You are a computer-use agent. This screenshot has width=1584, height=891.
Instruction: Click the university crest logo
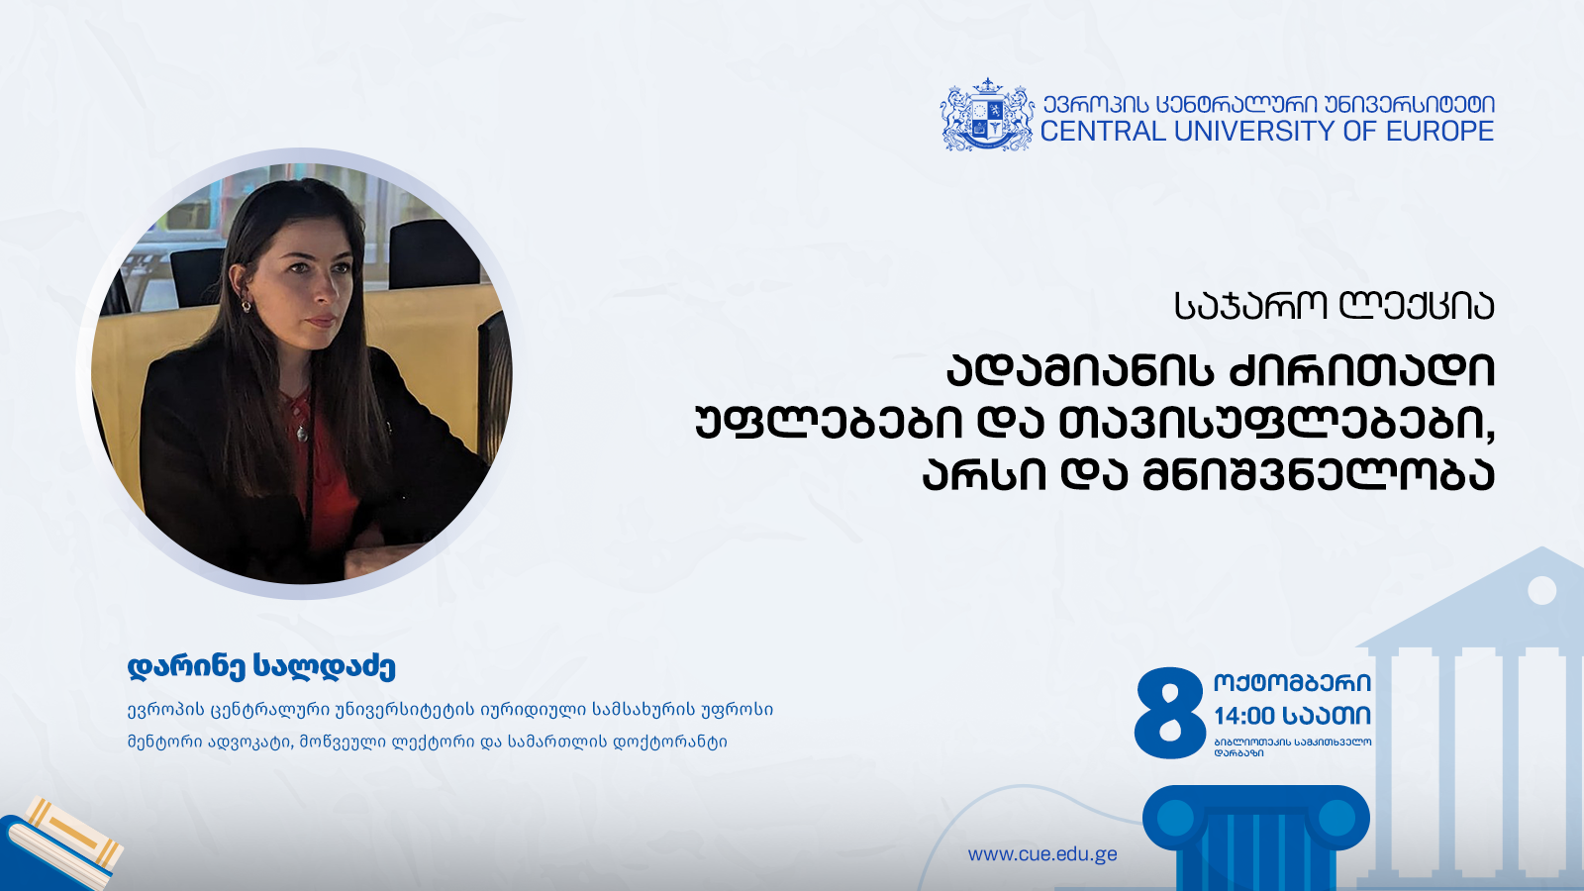tap(986, 114)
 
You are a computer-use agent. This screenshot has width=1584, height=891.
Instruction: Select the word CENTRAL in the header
tap(1103, 132)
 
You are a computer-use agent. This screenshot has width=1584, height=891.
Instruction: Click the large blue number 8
tap(1169, 713)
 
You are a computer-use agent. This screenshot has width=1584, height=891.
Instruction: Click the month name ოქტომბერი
tap(1293, 682)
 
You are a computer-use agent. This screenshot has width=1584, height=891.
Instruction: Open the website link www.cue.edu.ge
tap(1042, 854)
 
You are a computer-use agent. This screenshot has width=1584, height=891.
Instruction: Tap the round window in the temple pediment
tap(1542, 590)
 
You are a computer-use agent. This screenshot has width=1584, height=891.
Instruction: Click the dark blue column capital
tap(1256, 819)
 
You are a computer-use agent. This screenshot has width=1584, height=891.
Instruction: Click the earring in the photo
tap(247, 306)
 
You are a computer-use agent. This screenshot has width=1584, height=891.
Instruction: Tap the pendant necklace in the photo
tap(302, 431)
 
